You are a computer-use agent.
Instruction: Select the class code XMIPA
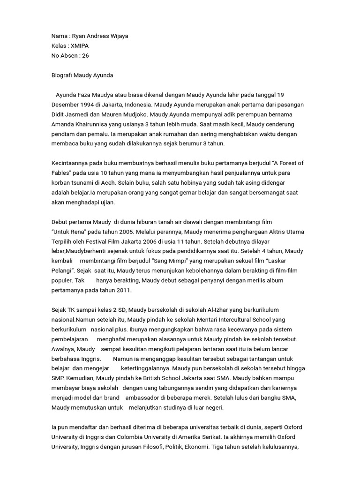click(81, 46)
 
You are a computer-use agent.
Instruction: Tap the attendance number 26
click(85, 55)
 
